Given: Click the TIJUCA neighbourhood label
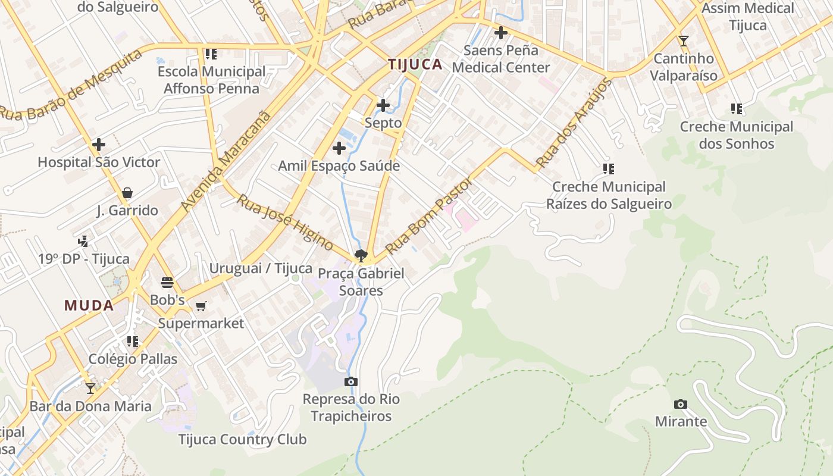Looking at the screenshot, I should (x=415, y=64).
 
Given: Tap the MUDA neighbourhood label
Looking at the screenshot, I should (x=89, y=305).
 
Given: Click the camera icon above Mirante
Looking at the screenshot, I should (x=681, y=405).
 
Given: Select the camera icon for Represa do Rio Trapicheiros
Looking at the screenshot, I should (x=351, y=381).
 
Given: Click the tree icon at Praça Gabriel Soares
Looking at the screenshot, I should (x=361, y=256).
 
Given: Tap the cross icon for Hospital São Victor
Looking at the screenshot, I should (x=99, y=145).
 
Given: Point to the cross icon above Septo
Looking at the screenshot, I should (x=383, y=106).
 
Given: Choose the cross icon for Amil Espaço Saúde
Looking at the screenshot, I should (x=339, y=148).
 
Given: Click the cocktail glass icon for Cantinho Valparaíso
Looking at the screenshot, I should (x=683, y=41).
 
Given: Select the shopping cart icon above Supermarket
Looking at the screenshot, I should (x=201, y=306).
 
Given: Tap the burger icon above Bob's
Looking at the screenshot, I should (x=167, y=282).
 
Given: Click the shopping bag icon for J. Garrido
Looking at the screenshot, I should (x=127, y=193).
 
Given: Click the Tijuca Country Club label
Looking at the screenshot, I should (x=242, y=440).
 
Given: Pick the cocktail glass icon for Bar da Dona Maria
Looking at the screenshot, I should (x=90, y=389).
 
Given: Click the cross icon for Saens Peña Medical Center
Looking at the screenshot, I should (x=501, y=33).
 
